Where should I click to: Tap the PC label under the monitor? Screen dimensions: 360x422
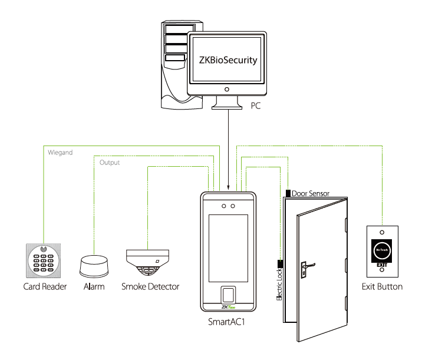click(255, 107)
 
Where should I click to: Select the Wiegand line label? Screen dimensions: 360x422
click(59, 153)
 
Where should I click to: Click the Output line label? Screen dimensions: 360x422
click(110, 163)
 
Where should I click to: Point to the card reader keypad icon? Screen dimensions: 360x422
click(44, 260)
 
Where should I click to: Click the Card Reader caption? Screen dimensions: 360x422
click(45, 287)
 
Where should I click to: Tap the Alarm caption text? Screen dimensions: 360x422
click(94, 287)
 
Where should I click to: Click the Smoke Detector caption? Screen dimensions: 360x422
click(150, 287)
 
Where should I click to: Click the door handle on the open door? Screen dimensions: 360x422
click(304, 269)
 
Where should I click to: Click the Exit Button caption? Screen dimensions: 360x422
click(382, 287)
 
